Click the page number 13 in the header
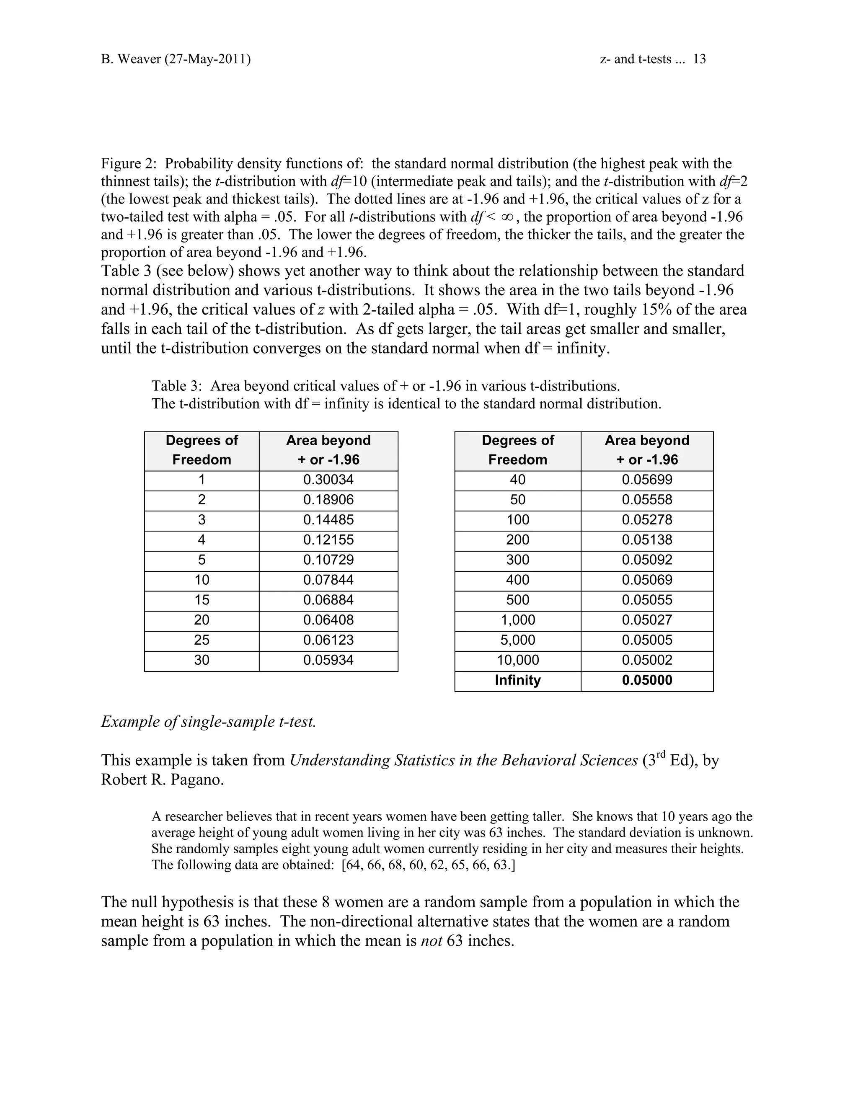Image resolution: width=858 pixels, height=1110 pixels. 699,59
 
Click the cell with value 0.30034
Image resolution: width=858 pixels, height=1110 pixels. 328,480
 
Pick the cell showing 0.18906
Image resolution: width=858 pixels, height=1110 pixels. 328,500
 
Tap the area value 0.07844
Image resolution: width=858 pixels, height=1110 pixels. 328,580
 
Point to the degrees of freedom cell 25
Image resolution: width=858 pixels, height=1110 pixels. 202,640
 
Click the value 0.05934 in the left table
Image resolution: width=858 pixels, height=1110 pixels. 328,660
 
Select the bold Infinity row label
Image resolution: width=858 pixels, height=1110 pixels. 517,680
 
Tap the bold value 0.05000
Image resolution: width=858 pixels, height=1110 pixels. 646,680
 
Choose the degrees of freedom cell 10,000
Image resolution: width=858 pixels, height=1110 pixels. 517,660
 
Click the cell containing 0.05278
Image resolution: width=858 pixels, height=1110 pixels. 646,520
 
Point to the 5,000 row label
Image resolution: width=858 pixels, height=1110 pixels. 517,640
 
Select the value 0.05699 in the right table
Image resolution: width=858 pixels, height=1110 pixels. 646,480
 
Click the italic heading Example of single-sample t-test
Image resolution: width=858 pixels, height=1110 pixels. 208,722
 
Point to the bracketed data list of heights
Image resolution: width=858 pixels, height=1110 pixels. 429,865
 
